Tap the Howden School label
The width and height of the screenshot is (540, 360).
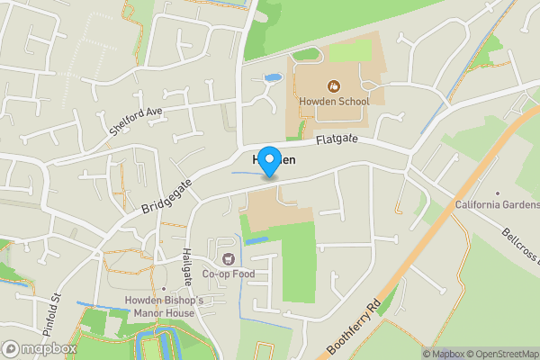pos(334,102)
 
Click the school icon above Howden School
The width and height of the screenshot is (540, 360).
pos(334,86)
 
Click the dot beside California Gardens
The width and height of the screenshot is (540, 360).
pos(498,193)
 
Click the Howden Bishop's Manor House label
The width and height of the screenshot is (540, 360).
pos(165,306)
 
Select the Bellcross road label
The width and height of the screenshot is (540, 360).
pos(518,242)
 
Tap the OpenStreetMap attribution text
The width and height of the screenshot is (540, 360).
pos(503,353)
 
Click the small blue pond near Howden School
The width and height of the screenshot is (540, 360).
pos(269,80)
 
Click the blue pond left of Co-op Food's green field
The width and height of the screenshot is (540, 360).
pos(256,241)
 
